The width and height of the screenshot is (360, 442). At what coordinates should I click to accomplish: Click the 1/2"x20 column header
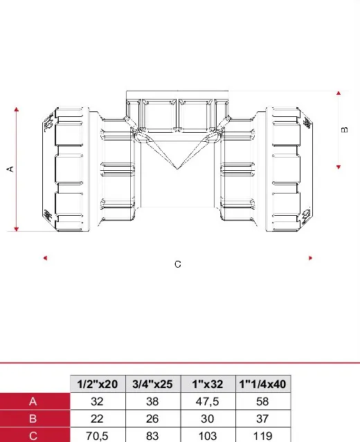98,384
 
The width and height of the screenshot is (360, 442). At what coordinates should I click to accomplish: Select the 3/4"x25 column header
152,384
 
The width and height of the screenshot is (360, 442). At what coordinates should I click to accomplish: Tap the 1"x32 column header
208,384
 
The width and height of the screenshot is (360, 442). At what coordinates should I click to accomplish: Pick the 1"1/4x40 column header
262,384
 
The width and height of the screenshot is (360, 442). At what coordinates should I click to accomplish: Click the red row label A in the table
33,401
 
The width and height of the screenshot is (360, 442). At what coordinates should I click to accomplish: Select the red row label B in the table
33,418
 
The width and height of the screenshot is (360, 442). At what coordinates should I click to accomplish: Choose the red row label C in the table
33,436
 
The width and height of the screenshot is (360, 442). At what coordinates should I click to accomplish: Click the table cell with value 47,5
208,401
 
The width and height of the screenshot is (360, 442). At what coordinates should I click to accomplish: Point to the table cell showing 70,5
98,436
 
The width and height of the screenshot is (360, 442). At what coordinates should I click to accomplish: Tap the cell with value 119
262,436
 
